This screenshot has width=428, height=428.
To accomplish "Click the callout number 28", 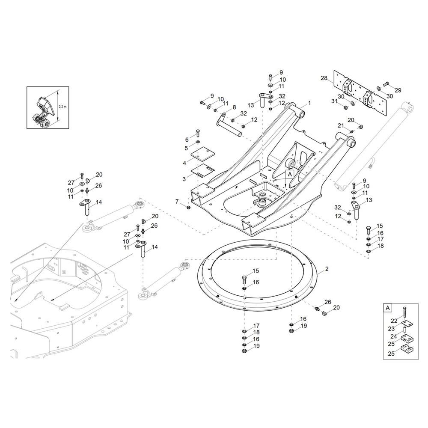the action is click(324, 78).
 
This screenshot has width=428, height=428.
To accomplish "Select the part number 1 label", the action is click(309, 103).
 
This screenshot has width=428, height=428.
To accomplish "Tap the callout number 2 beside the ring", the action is click(327, 269).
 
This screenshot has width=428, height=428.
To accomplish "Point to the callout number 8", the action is click(234, 107).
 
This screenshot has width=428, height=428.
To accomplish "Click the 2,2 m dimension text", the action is click(63, 107).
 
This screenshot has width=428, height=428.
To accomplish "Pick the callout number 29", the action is click(398, 90).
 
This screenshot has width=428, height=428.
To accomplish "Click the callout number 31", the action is click(334, 101).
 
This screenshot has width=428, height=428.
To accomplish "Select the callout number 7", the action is click(177, 202).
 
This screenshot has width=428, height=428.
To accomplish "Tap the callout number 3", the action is click(184, 179).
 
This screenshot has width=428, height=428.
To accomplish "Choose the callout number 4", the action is click(184, 163).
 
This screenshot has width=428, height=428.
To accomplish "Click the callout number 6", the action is click(187, 140).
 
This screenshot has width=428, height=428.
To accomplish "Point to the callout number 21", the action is click(341, 125).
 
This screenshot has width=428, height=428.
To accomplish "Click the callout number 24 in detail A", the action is click(394, 336).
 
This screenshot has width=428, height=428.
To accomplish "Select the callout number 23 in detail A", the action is click(392, 329).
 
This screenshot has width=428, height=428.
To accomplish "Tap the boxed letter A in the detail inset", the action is click(388, 308).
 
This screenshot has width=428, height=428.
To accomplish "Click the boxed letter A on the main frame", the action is click(290, 174).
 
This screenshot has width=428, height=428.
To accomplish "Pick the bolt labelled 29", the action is click(386, 84).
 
